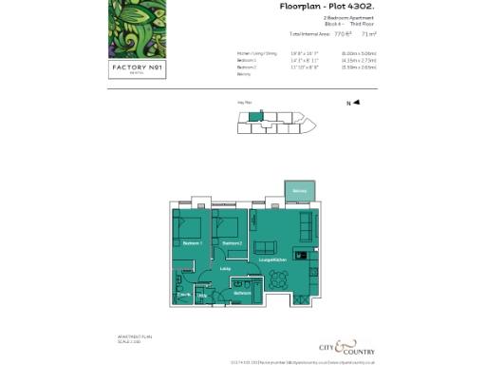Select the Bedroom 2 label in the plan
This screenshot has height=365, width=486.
pyautogui.click(x=233, y=244)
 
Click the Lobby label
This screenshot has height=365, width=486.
pyautogui.click(x=225, y=269)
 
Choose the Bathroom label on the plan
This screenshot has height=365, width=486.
pyautogui.click(x=241, y=293)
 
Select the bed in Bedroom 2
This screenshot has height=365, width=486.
pyautogui.click(x=228, y=228)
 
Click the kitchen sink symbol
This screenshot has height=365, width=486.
pyautogui.click(x=300, y=255)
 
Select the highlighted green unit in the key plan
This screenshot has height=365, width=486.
pyautogui.click(x=254, y=117)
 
